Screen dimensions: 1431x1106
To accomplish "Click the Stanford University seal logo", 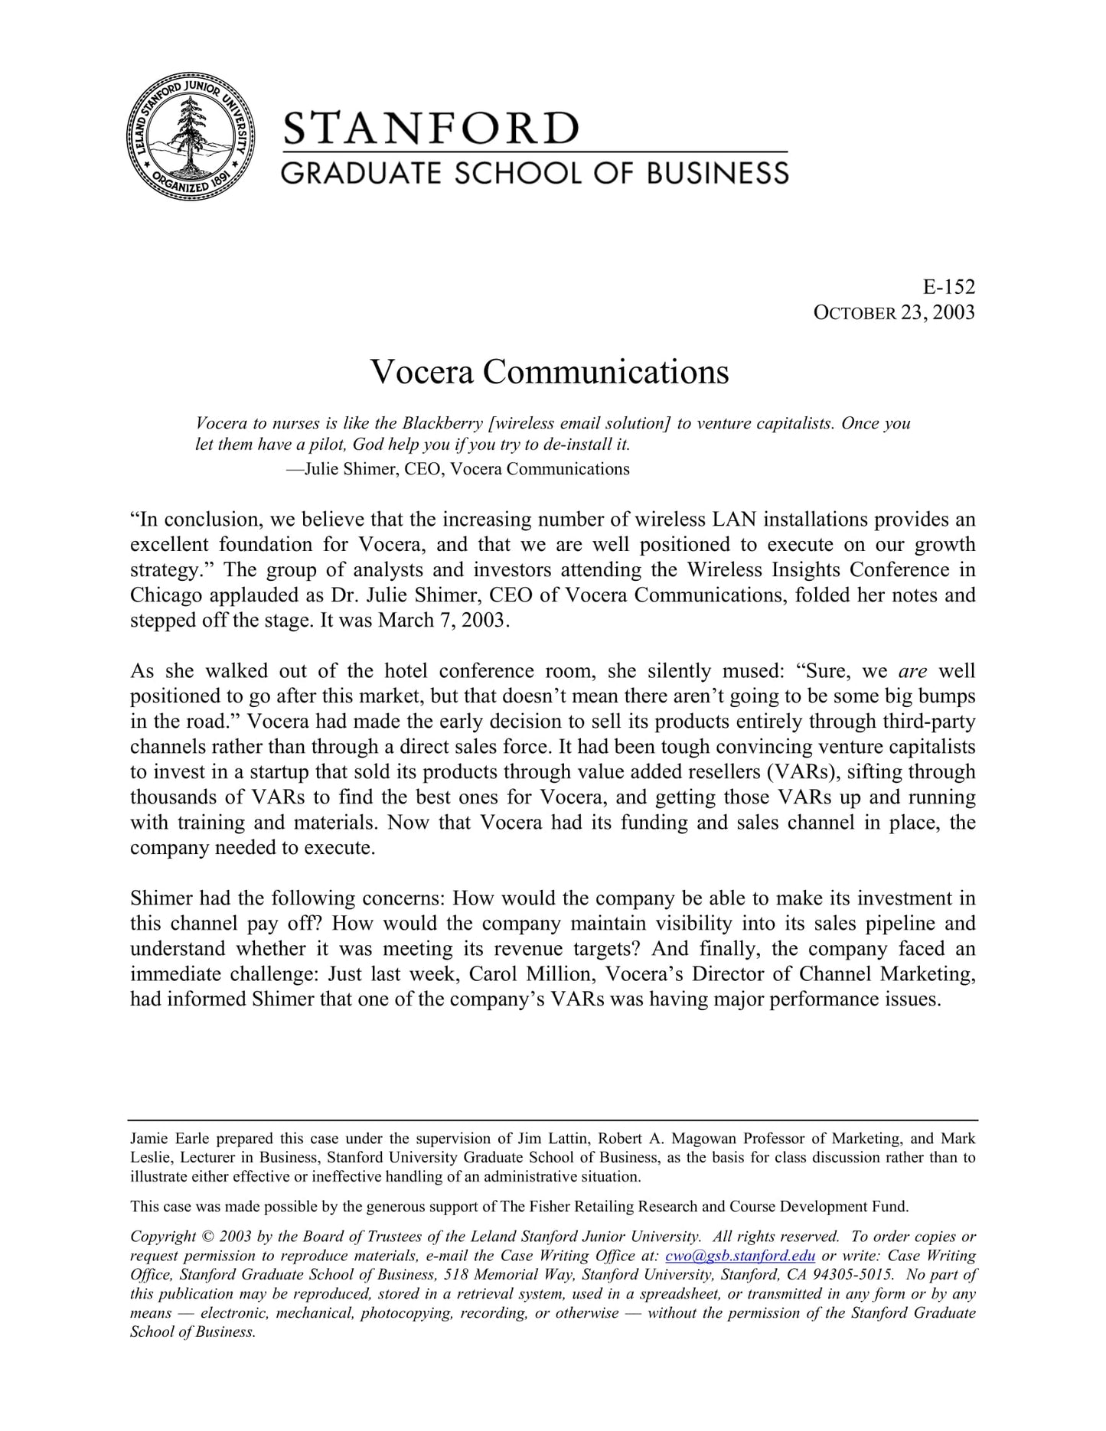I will pos(190,137).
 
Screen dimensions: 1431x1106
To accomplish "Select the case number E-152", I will pos(949,287).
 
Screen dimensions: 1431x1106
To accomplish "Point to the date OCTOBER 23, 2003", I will pos(893,312).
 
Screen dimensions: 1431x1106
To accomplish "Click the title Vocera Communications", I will pos(550,372).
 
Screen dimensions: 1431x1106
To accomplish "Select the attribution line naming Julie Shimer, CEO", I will pos(458,469).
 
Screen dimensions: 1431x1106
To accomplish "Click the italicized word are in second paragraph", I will pos(912,671).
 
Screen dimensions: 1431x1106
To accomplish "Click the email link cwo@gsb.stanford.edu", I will pos(740,1256).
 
